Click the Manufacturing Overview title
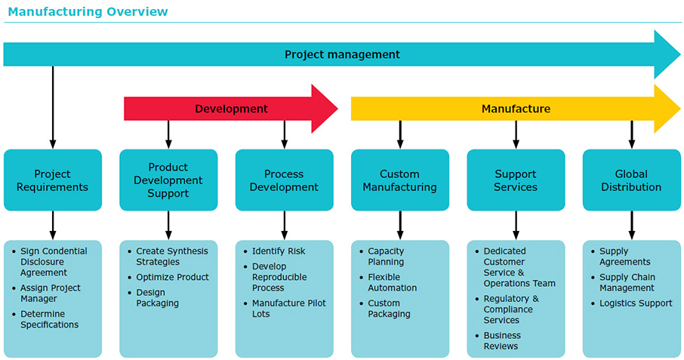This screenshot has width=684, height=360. (88, 11)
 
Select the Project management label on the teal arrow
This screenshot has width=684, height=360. (342, 54)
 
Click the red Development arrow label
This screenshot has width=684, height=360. (231, 109)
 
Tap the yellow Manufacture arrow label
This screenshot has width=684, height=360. (516, 109)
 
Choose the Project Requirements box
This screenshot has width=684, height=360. (52, 180)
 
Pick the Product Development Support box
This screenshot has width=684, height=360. (168, 180)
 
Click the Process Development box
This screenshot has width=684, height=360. (284, 180)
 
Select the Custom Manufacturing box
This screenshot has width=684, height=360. (399, 180)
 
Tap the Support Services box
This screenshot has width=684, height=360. (516, 180)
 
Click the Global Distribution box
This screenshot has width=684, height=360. (631, 180)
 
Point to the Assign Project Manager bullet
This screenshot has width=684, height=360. (50, 293)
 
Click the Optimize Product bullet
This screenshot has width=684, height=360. (172, 277)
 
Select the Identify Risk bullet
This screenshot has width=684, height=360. (279, 251)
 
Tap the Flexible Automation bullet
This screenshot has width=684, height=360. (392, 282)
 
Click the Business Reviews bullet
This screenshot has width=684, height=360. (502, 340)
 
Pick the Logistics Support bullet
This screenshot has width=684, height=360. (635, 303)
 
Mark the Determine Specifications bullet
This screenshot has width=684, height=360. (50, 319)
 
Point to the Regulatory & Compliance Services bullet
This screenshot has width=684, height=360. (510, 309)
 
